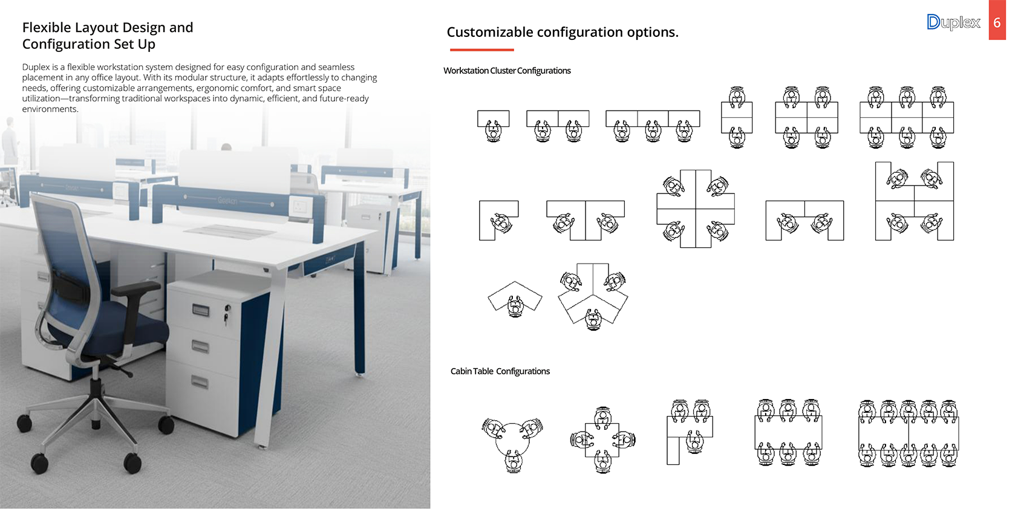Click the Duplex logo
[953, 22]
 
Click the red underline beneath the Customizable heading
[481, 50]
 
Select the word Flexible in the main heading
[47, 28]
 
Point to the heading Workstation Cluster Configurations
[507, 71]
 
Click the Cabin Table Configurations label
[500, 371]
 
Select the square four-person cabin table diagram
[602, 439]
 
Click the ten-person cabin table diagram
[909, 433]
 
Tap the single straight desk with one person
[493, 126]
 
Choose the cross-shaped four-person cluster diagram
[696, 209]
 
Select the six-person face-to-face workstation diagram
[907, 117]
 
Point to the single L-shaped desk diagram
[498, 220]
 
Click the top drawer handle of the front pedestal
[201, 311]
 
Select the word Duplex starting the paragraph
[36, 67]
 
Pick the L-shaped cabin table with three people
[690, 432]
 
